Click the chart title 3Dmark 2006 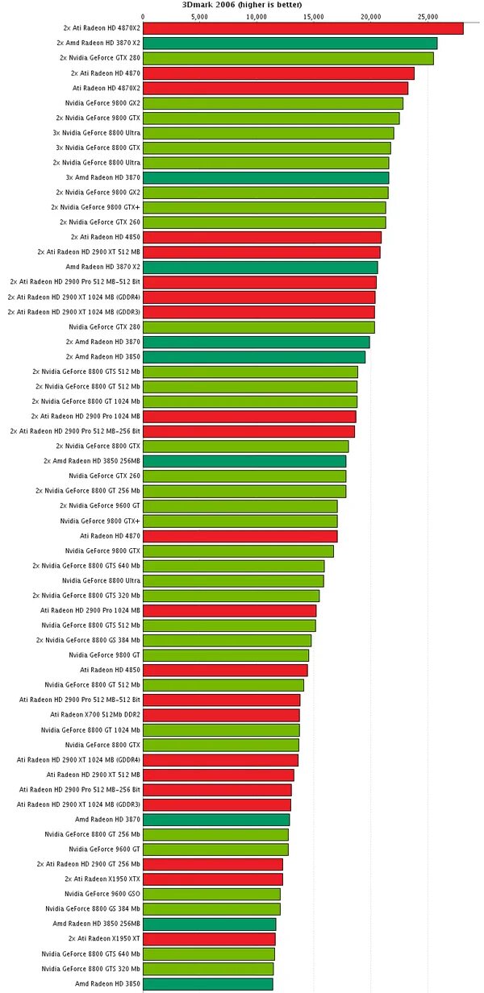point(242,5)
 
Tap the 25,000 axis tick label point(428,16)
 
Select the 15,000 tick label point(314,16)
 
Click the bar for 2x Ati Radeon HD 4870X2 point(303,28)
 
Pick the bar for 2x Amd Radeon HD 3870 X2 point(290,43)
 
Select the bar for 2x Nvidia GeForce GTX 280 point(288,58)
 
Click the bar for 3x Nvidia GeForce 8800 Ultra point(269,133)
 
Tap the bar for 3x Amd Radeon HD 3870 point(266,177)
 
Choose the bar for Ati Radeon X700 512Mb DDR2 point(221,715)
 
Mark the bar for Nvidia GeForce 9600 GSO point(211,894)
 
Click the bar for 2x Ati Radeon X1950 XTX point(213,879)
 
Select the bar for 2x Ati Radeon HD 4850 point(262,237)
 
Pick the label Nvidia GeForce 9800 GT point(104,655)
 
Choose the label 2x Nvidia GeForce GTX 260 point(100,222)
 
